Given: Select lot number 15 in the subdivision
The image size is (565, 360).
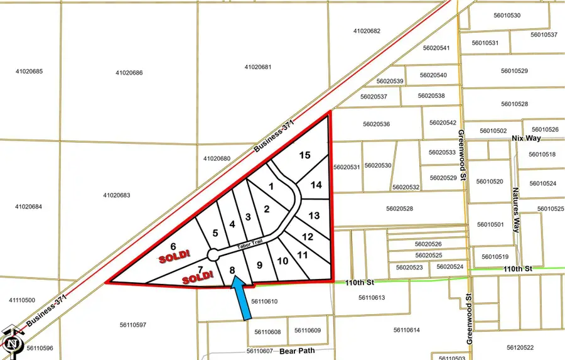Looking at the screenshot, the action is pos(304,155).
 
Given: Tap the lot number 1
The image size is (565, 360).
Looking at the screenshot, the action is pos(271,186).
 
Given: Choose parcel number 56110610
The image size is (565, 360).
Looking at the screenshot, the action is pos(264,302).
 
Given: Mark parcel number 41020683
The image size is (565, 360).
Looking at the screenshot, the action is pos(117,195).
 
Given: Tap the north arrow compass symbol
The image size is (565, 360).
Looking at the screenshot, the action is pos(12,342).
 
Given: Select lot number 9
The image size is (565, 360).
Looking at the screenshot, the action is pos(259,265).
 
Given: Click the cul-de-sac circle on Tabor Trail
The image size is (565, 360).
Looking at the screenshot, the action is pos(213,255).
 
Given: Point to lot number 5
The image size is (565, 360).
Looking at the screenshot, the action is pos(215,233).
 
